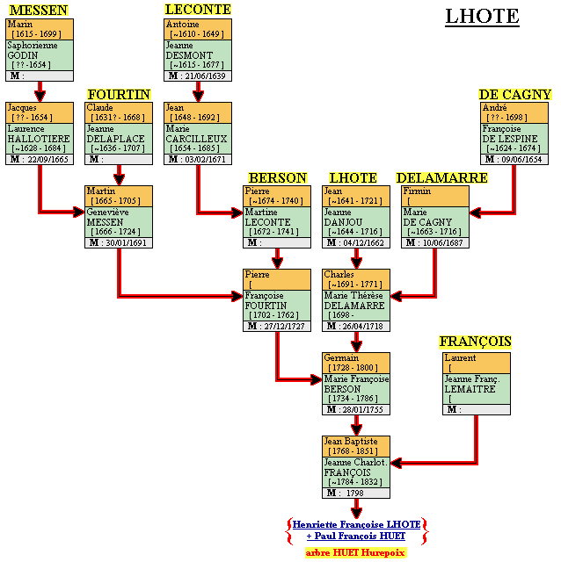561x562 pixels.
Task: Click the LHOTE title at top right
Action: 481,16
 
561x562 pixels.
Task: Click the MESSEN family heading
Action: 38,11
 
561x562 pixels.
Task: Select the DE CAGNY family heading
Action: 514,94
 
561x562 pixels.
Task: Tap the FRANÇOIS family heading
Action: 475,341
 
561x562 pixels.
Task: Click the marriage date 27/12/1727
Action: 283,326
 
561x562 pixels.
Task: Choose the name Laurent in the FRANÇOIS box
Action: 461,358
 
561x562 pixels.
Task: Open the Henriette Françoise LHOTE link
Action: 356,523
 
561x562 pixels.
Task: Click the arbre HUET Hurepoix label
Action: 356,552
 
